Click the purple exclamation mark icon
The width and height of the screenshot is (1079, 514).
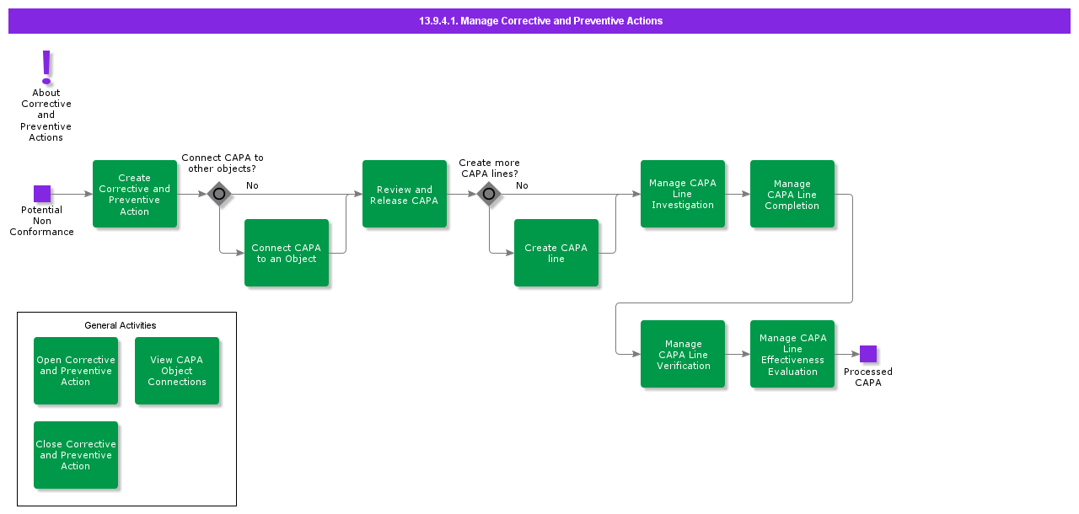pos(46,67)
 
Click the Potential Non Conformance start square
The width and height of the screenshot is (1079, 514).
pos(42,194)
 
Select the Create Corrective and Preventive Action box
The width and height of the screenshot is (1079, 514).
pos(135,194)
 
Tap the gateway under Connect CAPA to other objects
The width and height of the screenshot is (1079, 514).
pos(219,194)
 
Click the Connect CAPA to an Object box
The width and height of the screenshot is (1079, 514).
pos(287,253)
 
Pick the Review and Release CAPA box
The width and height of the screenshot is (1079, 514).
pos(405,194)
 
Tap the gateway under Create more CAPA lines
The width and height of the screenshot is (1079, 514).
pos(489,194)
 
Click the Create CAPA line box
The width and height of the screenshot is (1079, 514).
pos(556,253)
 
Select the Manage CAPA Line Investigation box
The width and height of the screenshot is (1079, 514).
pos(683,194)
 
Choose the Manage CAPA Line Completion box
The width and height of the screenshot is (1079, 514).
pos(792,194)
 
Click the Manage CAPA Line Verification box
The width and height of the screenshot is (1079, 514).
pos(683,354)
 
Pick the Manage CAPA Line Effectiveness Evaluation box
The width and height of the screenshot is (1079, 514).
pos(792,354)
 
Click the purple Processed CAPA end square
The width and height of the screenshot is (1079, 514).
pos(868,354)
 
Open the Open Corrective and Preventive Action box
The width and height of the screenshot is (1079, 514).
pos(76,371)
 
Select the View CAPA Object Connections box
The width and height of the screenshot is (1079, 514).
pos(177,371)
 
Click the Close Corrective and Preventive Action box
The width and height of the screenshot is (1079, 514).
pos(76,455)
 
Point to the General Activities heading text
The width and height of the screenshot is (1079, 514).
pos(121,325)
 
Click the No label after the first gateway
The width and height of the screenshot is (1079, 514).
pos(252,185)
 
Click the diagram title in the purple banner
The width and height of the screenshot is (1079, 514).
pos(540,21)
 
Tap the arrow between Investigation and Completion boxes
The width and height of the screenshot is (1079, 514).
pos(738,194)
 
